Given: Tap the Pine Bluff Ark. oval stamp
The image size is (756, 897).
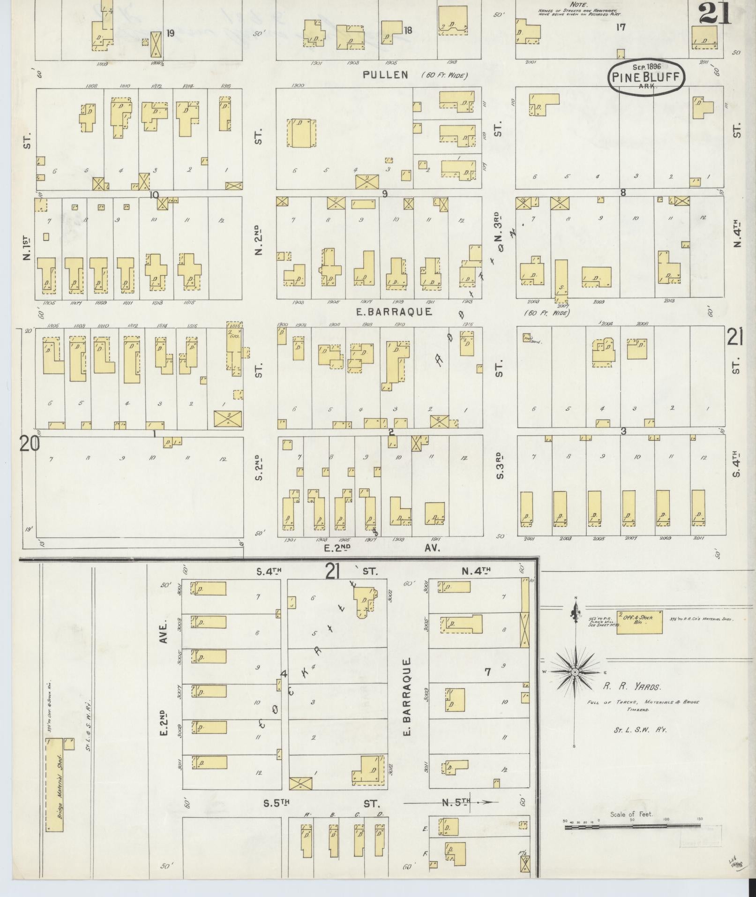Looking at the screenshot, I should coord(646,77).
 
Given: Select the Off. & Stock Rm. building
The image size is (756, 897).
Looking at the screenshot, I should coord(640,622).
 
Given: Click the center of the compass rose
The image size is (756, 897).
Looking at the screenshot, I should coord(575,672).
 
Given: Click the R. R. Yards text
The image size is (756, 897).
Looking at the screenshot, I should coord(632,687).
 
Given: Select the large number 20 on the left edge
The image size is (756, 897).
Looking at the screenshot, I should coord(30,444).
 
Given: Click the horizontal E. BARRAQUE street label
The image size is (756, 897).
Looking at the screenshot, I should coord(394,312).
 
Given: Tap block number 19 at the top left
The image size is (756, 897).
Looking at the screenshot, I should coord(170,33).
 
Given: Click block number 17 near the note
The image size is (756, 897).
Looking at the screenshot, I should coord(621,27).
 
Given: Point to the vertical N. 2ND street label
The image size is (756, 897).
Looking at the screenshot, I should coord(258,241).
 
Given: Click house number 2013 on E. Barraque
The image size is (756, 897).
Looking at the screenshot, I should coord(669,301).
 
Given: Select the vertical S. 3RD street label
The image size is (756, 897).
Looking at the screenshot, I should coord(500,466).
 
